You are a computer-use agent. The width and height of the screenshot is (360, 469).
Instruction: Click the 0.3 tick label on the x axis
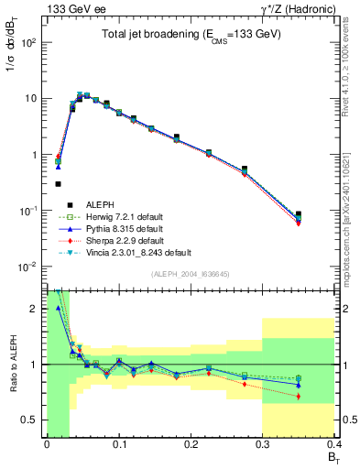click(262, 444)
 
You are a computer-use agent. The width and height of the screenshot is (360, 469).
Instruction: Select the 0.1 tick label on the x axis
click(118, 444)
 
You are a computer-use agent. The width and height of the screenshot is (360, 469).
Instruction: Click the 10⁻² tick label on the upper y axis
click(31, 267)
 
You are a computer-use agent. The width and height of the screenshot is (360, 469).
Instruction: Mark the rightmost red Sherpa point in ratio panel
click(323, 396)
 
